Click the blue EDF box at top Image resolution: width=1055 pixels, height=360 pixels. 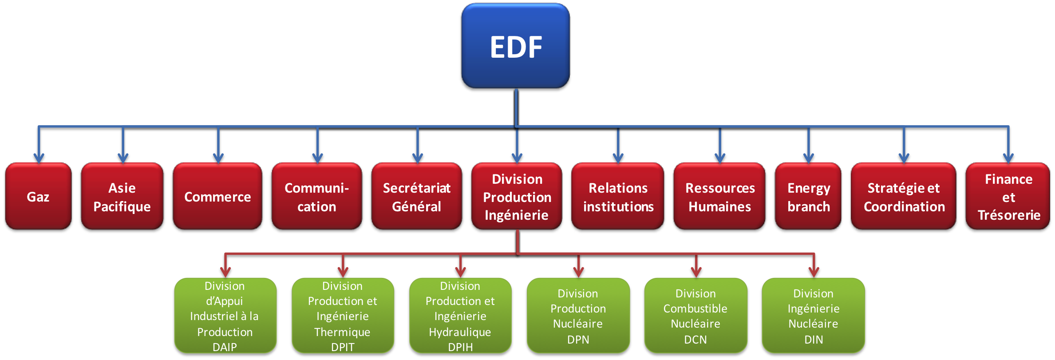[x=515, y=46]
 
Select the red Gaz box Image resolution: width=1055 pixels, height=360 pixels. [x=38, y=196]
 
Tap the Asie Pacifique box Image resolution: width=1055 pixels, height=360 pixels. [x=122, y=196]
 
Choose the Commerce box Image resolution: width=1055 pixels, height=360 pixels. [x=217, y=196]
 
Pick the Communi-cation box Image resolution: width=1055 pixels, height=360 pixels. [x=316, y=196]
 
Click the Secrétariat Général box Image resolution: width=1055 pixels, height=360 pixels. [x=416, y=196]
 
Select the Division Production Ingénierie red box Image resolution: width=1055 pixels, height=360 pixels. [x=517, y=196]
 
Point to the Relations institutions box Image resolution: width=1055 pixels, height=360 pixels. [x=618, y=196]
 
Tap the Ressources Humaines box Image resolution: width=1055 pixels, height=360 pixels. [x=719, y=196]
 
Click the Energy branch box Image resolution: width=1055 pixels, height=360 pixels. [x=808, y=196]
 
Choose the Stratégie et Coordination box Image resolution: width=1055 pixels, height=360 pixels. [x=904, y=196]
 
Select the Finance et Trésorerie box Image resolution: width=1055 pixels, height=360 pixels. [x=1008, y=196]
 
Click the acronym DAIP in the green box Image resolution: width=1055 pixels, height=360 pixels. [x=225, y=347]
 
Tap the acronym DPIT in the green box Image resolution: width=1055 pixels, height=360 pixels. [x=343, y=347]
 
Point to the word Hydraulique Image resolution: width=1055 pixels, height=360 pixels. [x=460, y=332]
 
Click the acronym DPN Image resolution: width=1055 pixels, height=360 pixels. [x=578, y=340]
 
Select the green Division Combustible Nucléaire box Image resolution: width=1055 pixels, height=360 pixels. [x=695, y=315]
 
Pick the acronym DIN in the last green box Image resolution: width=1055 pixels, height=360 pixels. [x=814, y=340]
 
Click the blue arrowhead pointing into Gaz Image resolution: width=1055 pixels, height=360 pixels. [x=39, y=158]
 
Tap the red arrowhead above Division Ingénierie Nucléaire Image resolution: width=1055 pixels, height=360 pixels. [x=814, y=272]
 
